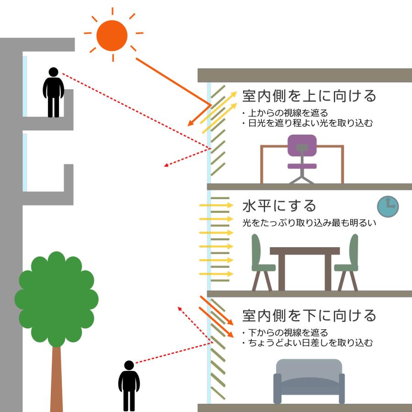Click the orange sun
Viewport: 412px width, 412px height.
coord(112,36)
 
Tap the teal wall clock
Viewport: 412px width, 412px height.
coord(388,206)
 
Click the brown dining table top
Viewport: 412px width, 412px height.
coord(304,251)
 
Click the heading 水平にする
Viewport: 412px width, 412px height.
coord(279,206)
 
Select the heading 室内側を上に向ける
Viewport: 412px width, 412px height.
coord(309,96)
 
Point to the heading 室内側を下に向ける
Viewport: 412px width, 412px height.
coord(309,315)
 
